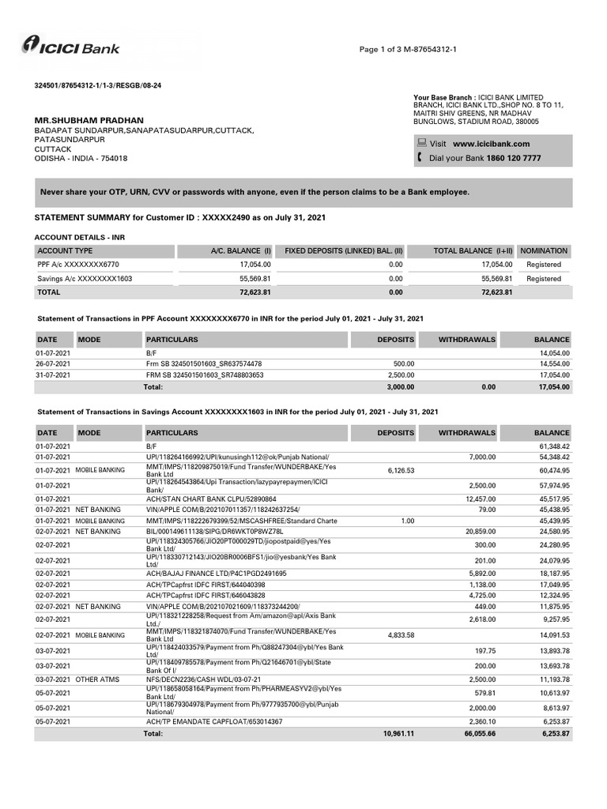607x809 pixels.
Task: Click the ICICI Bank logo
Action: (x=71, y=47)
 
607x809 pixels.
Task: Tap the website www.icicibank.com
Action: (x=491, y=144)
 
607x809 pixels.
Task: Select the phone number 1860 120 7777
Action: (x=514, y=158)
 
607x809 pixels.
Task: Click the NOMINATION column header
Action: (x=545, y=250)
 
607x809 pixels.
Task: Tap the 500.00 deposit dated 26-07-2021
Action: (x=404, y=363)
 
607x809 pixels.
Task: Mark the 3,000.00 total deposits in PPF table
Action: (x=399, y=387)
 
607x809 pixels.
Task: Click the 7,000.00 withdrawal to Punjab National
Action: (x=481, y=457)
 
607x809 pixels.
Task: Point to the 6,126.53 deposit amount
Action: (x=401, y=470)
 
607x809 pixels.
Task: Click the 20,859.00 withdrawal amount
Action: (x=479, y=531)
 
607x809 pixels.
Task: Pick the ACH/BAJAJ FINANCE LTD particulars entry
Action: (x=217, y=574)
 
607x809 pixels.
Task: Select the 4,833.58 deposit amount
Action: (x=401, y=635)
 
